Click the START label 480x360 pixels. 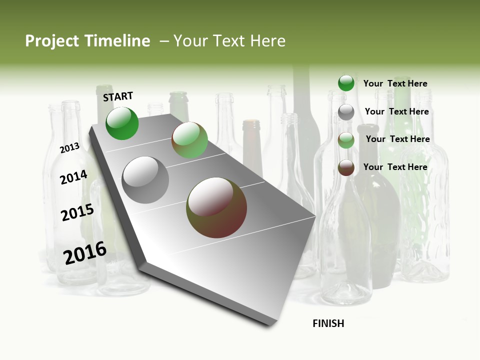[118, 96]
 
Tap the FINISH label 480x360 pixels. [328, 323]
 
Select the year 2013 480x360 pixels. [69, 148]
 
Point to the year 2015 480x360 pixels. [77, 212]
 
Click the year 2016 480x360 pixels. [85, 253]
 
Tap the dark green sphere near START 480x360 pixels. [122, 123]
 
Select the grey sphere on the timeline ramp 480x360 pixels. [145, 180]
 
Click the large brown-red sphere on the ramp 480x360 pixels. [216, 207]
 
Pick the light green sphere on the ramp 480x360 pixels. [189, 140]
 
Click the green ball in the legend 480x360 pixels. [346, 83]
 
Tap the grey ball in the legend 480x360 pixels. [346, 112]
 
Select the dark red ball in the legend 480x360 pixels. [346, 167]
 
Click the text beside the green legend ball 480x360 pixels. [395, 84]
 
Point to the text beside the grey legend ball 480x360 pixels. [396, 111]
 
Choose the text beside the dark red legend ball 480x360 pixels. [395, 167]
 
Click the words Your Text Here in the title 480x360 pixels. [229, 41]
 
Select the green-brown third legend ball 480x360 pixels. [346, 140]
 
